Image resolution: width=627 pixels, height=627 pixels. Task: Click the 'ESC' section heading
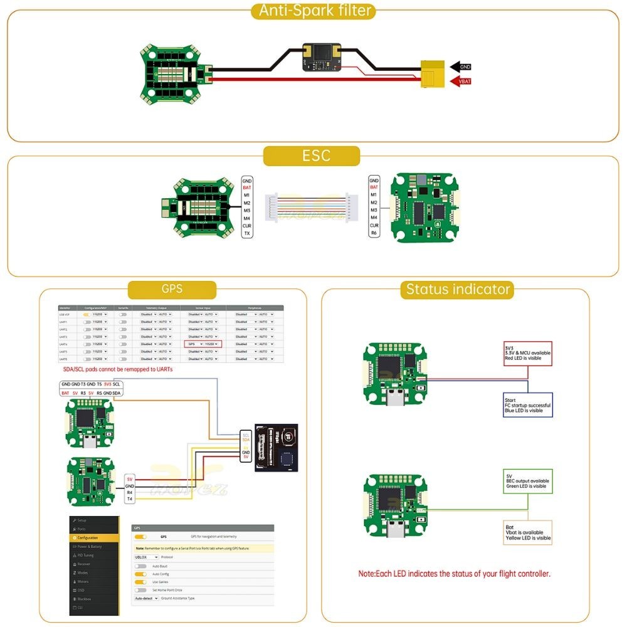point(312,155)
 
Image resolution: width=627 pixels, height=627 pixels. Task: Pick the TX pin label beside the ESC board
point(247,233)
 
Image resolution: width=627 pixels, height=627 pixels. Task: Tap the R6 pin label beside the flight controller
point(374,233)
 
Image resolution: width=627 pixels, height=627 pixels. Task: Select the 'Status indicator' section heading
point(458,289)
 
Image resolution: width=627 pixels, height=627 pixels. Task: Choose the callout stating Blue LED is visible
point(527,404)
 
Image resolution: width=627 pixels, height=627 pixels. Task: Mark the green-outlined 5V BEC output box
point(527,480)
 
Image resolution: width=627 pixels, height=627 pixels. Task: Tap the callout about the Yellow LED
point(527,532)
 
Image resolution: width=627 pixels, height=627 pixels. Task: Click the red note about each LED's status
point(454,573)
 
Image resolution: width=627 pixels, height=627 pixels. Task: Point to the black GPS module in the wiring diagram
point(275,448)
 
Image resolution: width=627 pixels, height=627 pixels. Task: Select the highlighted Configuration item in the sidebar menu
point(94,538)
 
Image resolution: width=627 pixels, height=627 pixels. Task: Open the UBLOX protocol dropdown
point(145,557)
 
